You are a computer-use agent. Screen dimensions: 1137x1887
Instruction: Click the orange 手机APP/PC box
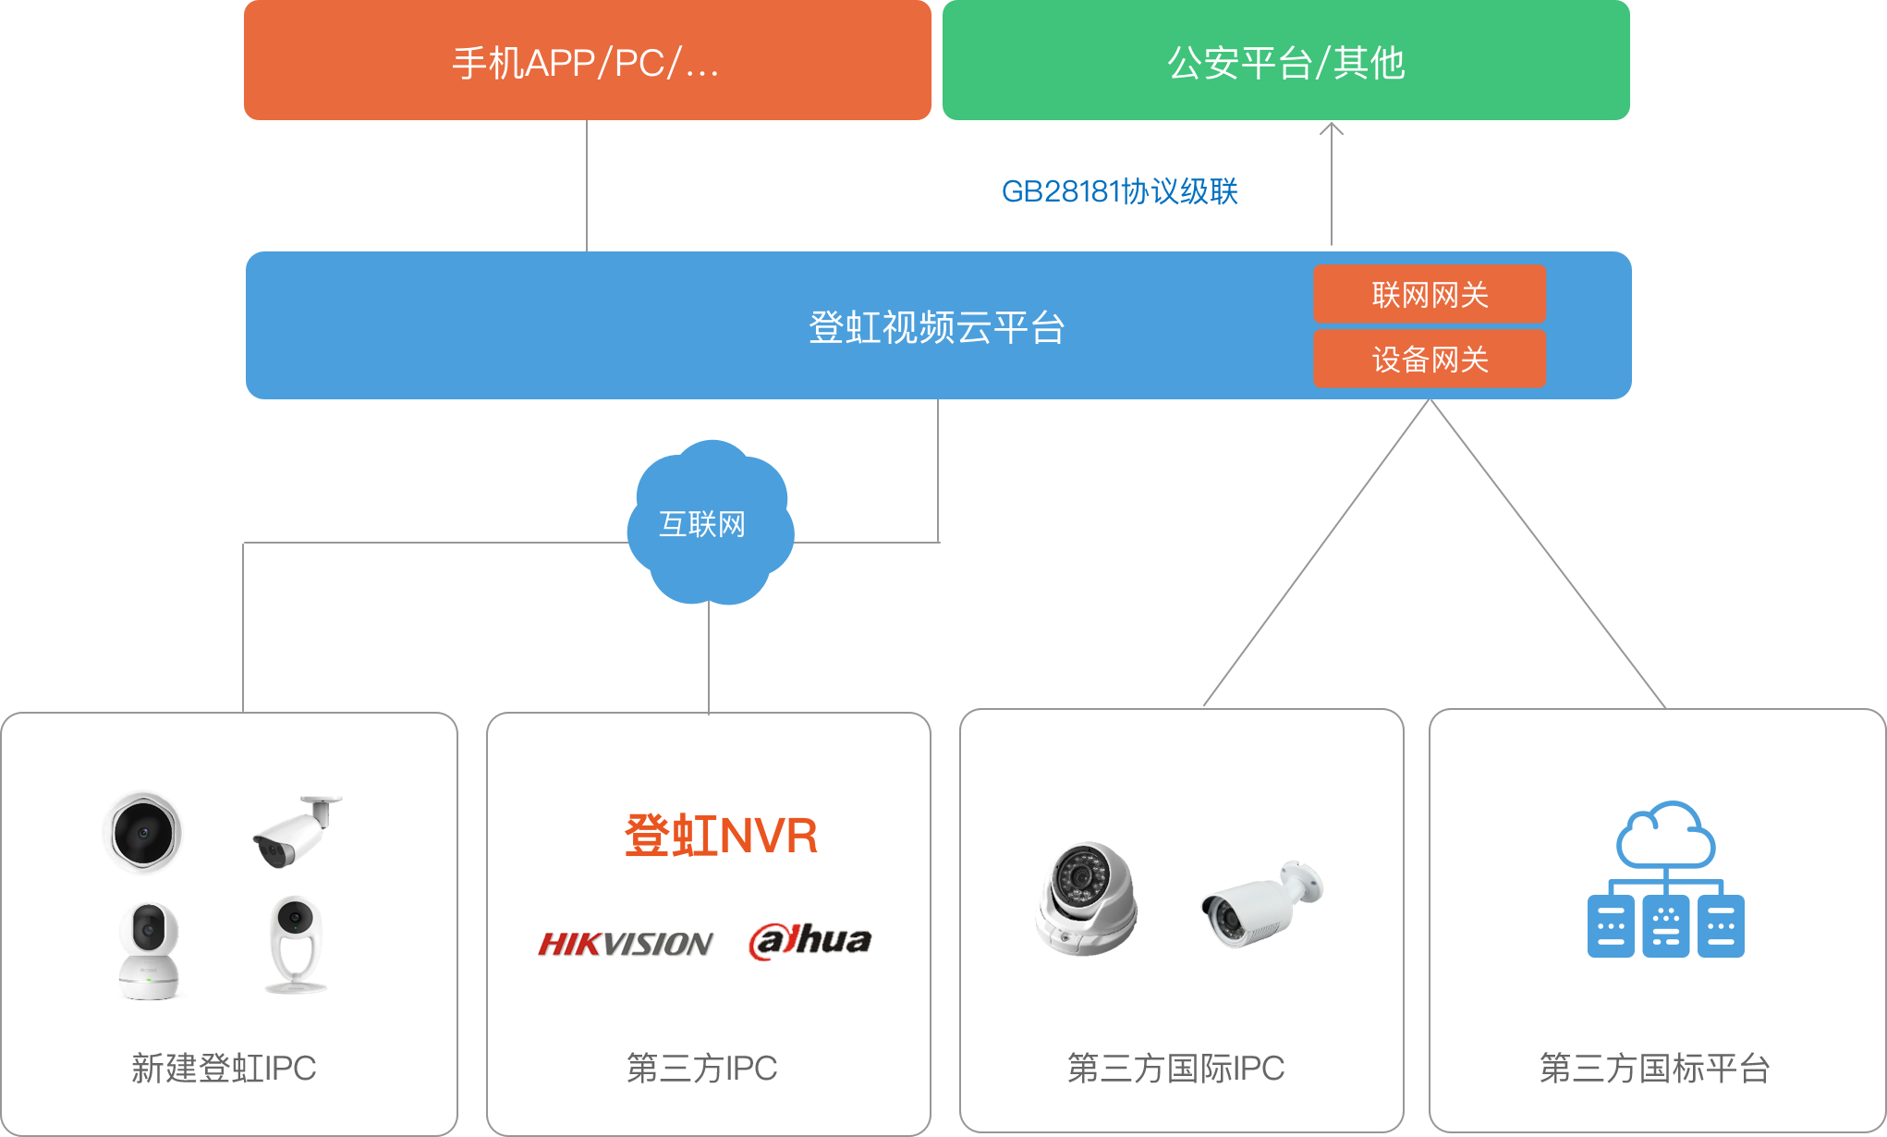(x=587, y=61)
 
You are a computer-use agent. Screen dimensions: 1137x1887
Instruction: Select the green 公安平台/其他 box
(x=1285, y=61)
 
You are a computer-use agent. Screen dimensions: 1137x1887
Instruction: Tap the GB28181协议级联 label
(x=1119, y=191)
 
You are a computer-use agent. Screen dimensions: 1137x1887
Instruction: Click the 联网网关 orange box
(x=1429, y=295)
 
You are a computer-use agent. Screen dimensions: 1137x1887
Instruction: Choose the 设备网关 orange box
(x=1429, y=359)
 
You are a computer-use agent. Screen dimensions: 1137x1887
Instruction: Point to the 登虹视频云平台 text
(x=936, y=327)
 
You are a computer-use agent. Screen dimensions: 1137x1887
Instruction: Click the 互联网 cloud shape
(x=709, y=523)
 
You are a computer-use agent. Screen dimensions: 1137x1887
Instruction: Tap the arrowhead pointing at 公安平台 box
(x=1331, y=129)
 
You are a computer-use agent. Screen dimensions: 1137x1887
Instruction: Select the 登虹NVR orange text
(x=721, y=835)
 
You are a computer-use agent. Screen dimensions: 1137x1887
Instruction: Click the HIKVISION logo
(x=626, y=943)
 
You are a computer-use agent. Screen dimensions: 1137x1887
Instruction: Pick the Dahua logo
(x=810, y=941)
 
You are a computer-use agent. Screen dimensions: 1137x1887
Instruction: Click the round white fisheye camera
(x=143, y=832)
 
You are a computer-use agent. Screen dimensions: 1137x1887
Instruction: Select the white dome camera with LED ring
(x=1085, y=897)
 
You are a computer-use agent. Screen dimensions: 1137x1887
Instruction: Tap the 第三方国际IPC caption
(x=1175, y=1068)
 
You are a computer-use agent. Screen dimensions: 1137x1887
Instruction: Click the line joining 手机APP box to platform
(x=587, y=185)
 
